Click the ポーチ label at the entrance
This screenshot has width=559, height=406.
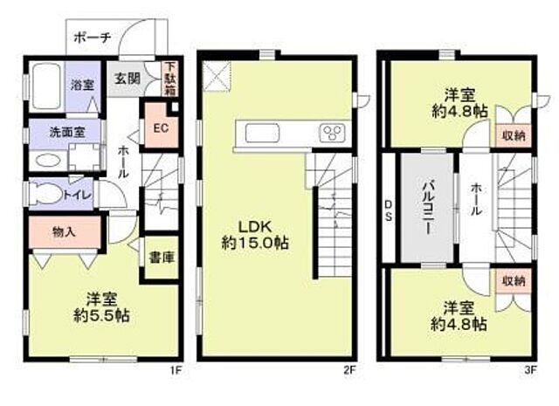click(x=92, y=38)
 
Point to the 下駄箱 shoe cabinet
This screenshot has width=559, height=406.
click(x=170, y=78)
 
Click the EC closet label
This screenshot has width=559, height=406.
click(x=160, y=128)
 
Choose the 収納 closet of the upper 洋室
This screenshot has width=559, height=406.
click(x=514, y=134)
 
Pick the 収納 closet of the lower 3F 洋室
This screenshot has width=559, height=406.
click(x=513, y=281)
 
